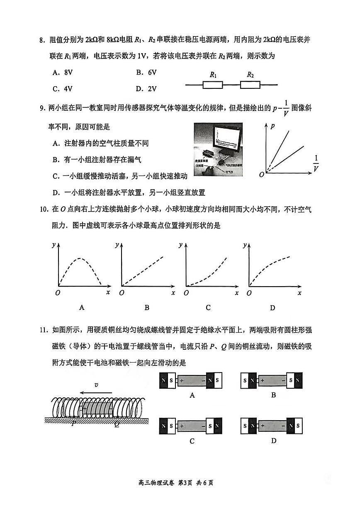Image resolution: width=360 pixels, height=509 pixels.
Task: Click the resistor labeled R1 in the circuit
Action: coord(213,85)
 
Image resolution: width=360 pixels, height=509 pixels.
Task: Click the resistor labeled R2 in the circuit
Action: coord(250,85)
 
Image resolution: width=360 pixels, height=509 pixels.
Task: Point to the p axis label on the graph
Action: coord(272,127)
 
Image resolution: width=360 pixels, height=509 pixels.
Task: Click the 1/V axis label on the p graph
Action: coord(316,163)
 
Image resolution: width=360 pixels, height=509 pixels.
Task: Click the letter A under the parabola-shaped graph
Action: coord(82,308)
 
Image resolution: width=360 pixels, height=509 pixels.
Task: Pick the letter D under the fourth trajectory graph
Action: coord(272,308)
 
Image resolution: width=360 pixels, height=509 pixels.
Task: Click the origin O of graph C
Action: coord(186,293)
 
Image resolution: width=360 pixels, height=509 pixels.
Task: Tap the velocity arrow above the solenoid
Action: coord(96,392)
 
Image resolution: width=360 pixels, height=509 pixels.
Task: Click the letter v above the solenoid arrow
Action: coord(96,385)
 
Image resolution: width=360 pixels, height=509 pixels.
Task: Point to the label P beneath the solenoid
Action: coord(73,424)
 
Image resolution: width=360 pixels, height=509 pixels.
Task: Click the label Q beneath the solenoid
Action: coord(117,424)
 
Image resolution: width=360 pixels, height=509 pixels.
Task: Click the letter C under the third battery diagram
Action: coord(192,441)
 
